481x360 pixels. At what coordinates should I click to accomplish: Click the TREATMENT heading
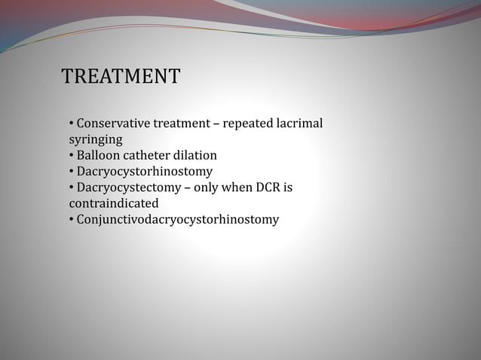(x=121, y=77)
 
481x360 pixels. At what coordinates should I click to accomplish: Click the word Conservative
(x=112, y=123)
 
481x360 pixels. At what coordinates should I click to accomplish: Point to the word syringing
(x=96, y=139)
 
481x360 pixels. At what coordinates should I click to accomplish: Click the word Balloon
(x=99, y=155)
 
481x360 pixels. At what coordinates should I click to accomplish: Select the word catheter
(x=150, y=155)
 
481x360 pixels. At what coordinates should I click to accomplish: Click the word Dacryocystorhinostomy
(x=144, y=172)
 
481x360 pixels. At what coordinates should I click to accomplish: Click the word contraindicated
(x=114, y=203)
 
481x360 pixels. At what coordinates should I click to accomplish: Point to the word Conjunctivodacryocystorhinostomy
(x=177, y=220)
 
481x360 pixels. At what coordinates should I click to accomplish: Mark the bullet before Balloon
(x=71, y=155)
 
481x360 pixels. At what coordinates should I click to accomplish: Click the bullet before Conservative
(x=71, y=123)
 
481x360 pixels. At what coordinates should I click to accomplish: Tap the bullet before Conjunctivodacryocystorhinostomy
(x=71, y=220)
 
